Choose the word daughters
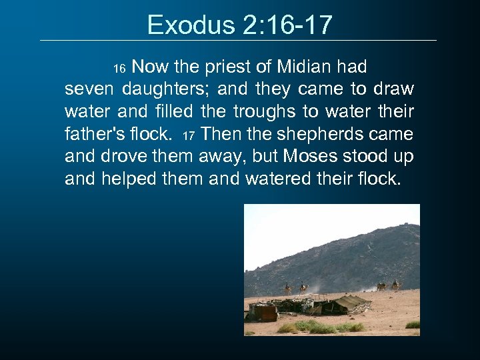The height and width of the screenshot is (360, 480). click(165, 89)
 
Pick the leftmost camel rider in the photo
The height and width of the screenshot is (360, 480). click(288, 287)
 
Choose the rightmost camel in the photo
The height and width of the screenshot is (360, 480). click(396, 285)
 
